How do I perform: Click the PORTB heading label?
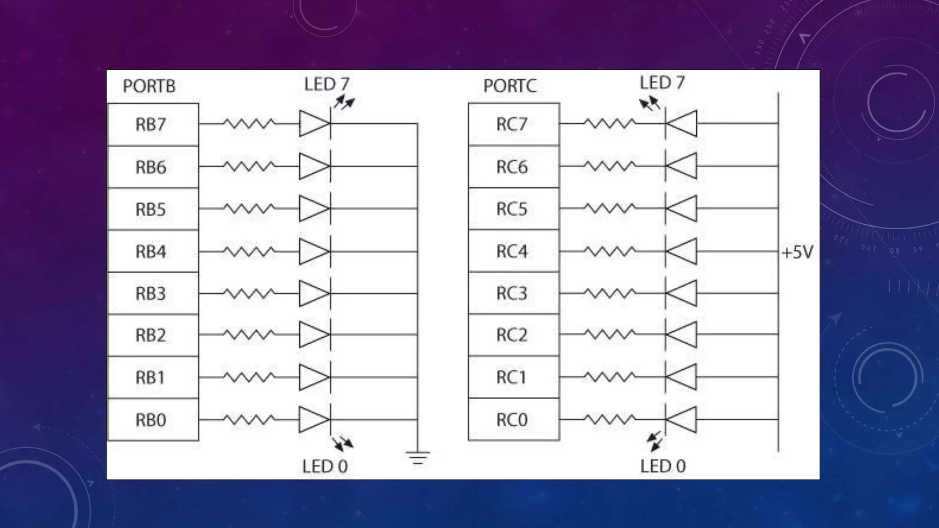point(149,86)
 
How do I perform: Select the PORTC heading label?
point(510,86)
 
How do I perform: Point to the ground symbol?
point(417,457)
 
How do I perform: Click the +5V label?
point(797,252)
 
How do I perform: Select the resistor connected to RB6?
point(249,166)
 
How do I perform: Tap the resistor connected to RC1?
point(609,377)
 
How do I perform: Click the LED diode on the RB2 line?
point(315,335)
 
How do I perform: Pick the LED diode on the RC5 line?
point(681,209)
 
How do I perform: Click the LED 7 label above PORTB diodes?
point(327,84)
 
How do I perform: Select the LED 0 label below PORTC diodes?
point(663,466)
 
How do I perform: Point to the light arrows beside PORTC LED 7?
point(650,103)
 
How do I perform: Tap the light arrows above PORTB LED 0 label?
point(343,443)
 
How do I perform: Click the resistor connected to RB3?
point(249,293)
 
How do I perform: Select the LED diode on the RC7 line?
point(681,123)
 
